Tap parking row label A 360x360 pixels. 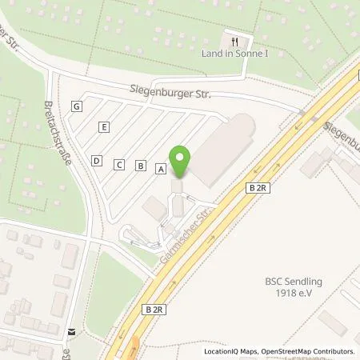pos(161,169)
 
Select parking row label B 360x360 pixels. pos(141,166)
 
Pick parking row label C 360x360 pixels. pos(119,165)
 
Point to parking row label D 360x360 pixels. pos(97,161)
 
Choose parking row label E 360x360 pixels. pos(104,127)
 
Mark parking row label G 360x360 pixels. pos(77,106)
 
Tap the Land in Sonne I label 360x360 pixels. pos(235,54)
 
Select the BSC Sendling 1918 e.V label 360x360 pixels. pos(293,287)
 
